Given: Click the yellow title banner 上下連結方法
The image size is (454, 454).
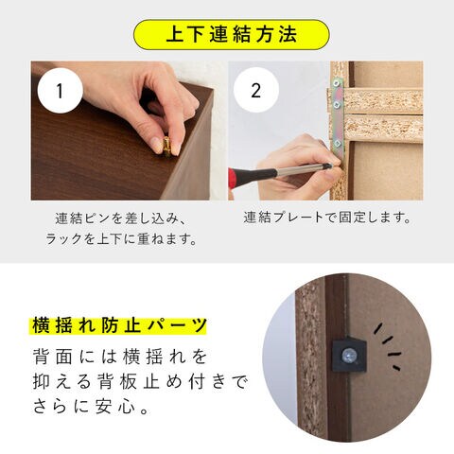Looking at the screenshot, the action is [232, 35].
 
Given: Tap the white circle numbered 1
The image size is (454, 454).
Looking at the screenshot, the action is [61, 91].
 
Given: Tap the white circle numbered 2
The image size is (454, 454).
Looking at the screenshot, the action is [256, 90].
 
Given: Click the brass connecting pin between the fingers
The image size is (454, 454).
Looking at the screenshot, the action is [166, 147].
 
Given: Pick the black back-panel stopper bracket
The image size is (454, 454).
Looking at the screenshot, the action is [349, 355].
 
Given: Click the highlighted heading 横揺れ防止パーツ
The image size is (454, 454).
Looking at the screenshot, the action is [119, 325].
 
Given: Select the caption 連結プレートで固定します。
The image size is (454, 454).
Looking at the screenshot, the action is [327, 218].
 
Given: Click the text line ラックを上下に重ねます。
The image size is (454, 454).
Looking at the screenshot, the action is [122, 239].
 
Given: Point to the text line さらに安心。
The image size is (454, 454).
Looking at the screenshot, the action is [91, 406].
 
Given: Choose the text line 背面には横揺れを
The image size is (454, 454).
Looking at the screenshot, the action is [120, 358].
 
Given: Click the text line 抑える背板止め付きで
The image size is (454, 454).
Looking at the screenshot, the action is [141, 382].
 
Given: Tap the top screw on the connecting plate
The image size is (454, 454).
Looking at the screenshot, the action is [336, 83].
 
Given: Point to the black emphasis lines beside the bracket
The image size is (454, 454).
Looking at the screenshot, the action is [388, 347].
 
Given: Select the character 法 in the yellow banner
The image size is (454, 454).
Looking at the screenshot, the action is [288, 35].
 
